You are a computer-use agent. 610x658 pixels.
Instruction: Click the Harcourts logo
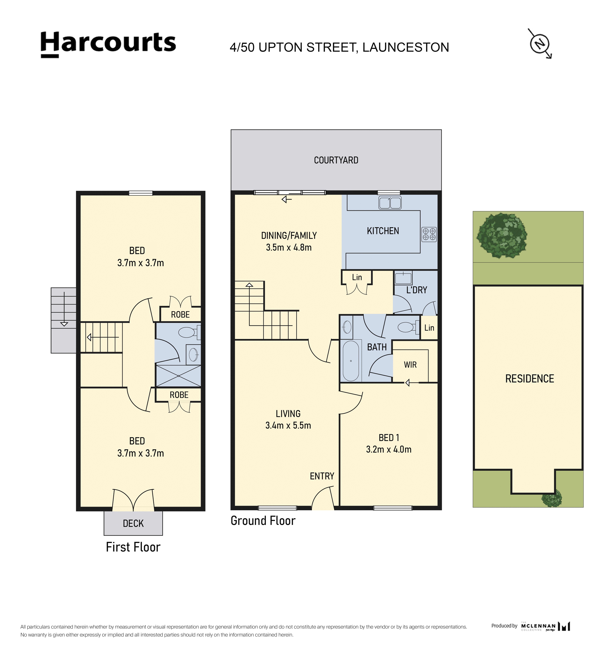(108, 45)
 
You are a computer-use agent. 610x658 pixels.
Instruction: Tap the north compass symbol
(540, 44)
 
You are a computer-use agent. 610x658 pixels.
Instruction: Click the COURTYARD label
(336, 160)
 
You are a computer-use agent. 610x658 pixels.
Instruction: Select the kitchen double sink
(390, 203)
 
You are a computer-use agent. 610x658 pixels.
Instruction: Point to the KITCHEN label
(383, 231)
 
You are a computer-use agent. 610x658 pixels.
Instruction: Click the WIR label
(410, 365)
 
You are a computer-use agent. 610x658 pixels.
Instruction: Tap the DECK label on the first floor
(133, 524)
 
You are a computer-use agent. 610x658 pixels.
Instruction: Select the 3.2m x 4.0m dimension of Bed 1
(389, 449)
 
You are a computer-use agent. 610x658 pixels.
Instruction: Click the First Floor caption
(133, 547)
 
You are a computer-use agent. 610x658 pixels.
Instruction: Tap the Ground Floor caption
(263, 521)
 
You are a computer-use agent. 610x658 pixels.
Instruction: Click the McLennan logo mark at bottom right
(564, 626)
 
